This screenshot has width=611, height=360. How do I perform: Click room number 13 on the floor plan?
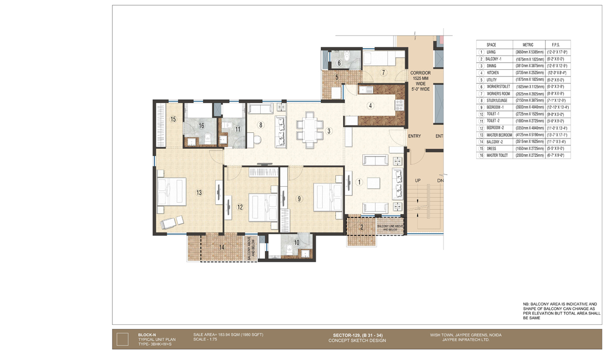(199, 192)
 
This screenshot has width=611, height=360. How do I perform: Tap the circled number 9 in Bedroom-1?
(299, 199)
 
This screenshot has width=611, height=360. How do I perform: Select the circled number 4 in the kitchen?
(371, 106)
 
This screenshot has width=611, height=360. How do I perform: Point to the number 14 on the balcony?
(221, 247)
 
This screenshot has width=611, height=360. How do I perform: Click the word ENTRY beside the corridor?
(414, 136)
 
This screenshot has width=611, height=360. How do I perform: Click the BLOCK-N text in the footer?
(148, 335)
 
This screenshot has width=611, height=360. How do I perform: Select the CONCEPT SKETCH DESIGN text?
(357, 341)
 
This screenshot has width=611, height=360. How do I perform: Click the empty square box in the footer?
(122, 339)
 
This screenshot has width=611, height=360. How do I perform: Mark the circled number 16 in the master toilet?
(201, 125)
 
